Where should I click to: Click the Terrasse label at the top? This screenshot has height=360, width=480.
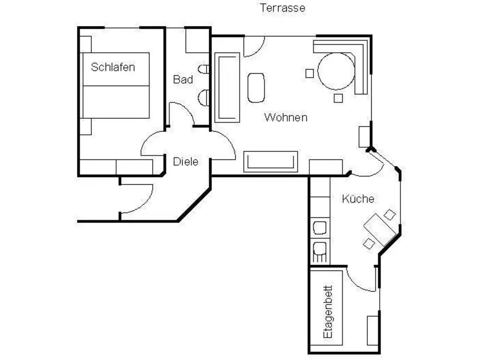tap(282, 8)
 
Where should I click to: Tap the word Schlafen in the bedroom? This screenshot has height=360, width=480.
tap(113, 67)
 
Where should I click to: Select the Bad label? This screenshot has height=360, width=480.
tap(183, 80)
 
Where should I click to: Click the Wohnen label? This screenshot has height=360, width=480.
tap(286, 118)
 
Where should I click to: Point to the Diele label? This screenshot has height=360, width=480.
tap(186, 162)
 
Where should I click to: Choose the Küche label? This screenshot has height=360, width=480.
tap(358, 199)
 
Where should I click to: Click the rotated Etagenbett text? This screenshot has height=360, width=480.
tap(328, 312)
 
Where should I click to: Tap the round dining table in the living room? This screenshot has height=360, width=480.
tap(336, 71)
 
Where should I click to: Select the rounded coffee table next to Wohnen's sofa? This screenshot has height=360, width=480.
tap(256, 88)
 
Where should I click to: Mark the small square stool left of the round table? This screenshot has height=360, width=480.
tap(310, 73)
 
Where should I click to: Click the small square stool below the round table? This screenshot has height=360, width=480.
tap(338, 98)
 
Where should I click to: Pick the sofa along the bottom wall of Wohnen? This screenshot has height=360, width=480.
tap(271, 162)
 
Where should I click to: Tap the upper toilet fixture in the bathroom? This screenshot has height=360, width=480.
tap(204, 69)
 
